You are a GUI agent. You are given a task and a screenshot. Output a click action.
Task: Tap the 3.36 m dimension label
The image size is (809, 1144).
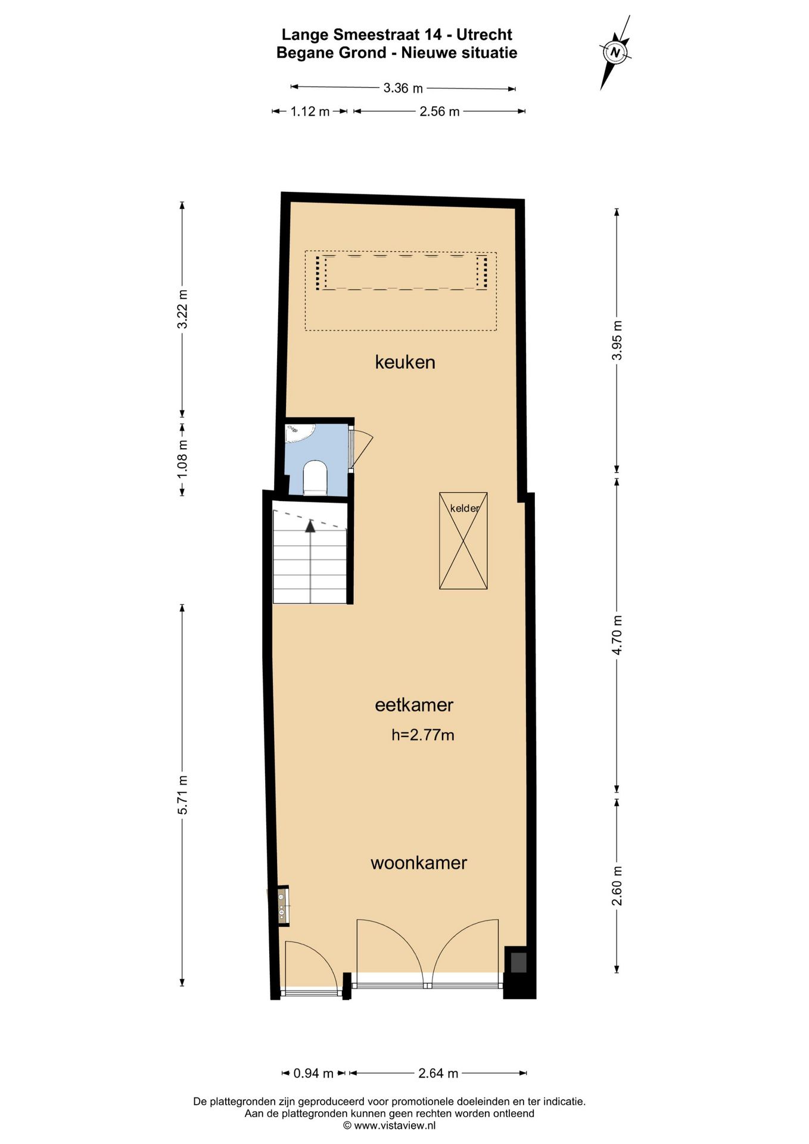(x=403, y=88)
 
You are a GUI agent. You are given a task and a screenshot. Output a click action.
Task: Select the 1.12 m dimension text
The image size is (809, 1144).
(x=310, y=111)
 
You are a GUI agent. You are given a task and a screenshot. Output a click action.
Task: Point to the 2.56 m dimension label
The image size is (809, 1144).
(x=440, y=111)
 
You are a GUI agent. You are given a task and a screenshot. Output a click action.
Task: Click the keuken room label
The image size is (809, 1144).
(x=405, y=362)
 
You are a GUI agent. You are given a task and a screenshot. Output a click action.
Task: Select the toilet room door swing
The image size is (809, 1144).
(x=361, y=450)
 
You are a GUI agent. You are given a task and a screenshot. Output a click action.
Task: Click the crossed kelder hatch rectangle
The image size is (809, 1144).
(x=463, y=541)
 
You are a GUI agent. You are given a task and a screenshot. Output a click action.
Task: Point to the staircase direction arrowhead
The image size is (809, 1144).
(x=310, y=526)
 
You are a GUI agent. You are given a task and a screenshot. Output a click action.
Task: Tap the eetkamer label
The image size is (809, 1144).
(x=414, y=705)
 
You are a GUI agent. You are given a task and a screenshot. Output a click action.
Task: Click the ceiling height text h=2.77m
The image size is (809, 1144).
(x=422, y=735)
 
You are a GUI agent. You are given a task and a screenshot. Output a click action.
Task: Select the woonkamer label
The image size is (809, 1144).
(x=419, y=863)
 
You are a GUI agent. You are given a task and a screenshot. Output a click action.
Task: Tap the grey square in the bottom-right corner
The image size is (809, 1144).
(x=518, y=963)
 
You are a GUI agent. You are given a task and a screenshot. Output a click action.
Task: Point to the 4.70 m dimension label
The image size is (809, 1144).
(x=617, y=635)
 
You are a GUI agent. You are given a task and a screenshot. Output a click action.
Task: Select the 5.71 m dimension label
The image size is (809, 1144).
(x=183, y=795)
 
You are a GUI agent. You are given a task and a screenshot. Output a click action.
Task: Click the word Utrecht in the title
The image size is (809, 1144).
(x=484, y=35)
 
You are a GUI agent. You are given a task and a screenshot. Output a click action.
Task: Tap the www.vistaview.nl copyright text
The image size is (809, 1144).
(x=389, y=1126)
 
